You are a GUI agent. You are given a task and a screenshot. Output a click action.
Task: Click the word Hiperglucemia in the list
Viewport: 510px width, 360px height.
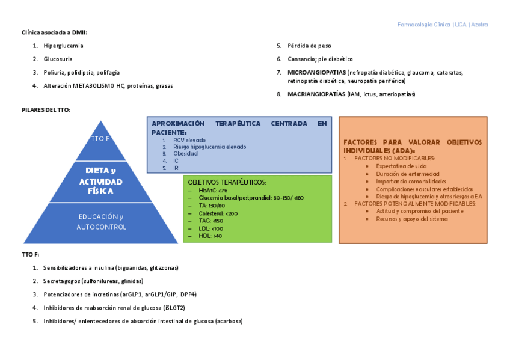(x=63, y=46)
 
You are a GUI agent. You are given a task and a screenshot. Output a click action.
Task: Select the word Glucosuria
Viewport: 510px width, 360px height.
(x=58, y=59)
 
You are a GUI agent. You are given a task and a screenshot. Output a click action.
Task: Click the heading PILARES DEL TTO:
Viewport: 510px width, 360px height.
(x=46, y=110)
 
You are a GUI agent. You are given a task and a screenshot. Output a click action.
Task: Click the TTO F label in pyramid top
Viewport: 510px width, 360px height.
(x=100, y=139)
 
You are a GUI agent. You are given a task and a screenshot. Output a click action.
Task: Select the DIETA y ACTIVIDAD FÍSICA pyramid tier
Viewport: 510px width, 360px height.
(x=100, y=181)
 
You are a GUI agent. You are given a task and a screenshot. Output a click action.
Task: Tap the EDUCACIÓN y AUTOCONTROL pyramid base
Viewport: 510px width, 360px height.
(x=101, y=222)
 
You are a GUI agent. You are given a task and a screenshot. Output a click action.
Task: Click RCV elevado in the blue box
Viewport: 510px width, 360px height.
(x=189, y=140)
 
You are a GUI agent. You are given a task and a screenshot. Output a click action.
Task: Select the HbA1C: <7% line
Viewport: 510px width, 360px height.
(x=213, y=190)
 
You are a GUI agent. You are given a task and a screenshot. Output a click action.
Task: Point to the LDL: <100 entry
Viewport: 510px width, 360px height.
(x=210, y=228)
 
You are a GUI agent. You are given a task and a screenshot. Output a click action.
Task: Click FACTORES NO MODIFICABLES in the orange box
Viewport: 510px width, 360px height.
(x=395, y=158)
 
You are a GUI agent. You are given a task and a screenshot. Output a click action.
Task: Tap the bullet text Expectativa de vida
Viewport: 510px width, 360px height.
(x=402, y=166)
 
